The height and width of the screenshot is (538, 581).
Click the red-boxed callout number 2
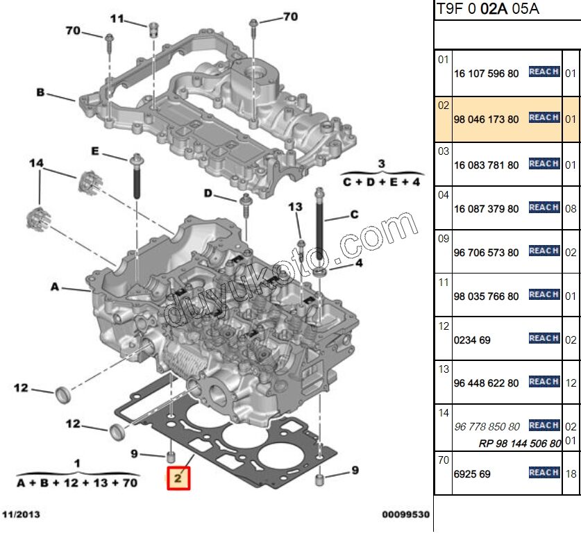[x=178, y=478]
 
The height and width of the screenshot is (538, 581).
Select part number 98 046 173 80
[x=485, y=119]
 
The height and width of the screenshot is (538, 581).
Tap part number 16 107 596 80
[x=485, y=74]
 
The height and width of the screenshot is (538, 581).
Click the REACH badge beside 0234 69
[x=544, y=338]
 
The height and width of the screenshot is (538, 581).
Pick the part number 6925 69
[x=471, y=474]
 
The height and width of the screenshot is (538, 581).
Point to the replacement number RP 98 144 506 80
[x=520, y=443]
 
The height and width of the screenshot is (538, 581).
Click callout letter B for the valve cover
[x=40, y=92]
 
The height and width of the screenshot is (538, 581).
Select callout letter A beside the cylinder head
[x=54, y=286]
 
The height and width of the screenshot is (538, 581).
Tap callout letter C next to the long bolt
[x=354, y=215]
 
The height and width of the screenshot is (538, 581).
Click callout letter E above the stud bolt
[x=95, y=152]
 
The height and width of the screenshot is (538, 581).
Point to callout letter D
[x=208, y=192]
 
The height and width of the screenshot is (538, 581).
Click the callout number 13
[x=296, y=207]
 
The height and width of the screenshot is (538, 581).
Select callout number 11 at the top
[x=117, y=19]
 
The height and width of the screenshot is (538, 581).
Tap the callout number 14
[x=36, y=163]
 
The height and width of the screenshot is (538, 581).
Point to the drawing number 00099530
[x=405, y=515]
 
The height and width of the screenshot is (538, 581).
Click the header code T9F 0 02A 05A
[x=487, y=9]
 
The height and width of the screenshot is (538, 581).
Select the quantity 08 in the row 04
[x=570, y=208]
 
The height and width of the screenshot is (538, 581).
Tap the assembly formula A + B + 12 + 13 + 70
[x=77, y=482]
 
